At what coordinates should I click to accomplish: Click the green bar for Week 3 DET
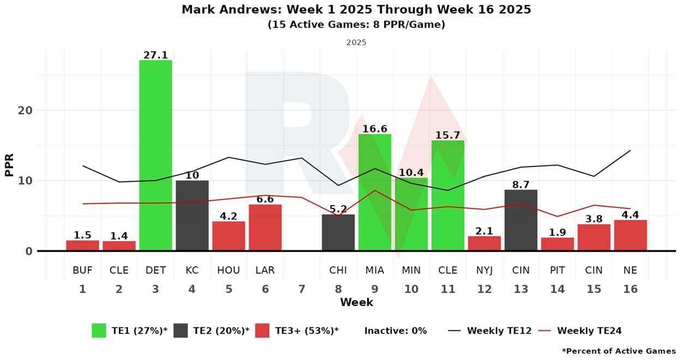tap(156, 155)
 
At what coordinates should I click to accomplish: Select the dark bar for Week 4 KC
tap(192, 215)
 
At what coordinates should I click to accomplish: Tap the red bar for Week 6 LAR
tap(265, 227)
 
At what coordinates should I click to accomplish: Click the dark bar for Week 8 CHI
tap(338, 232)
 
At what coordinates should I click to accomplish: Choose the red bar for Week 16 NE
tap(630, 235)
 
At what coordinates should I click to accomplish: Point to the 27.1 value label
tap(156, 55)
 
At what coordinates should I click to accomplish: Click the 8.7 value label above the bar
tap(521, 185)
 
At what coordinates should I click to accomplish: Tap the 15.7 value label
tap(448, 135)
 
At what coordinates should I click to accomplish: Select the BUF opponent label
tap(82, 270)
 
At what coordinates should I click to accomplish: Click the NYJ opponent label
tap(484, 270)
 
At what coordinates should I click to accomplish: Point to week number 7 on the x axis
tap(302, 289)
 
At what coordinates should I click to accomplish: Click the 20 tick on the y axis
tap(26, 110)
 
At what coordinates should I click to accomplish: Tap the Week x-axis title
tap(356, 302)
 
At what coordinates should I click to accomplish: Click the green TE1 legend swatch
tap(99, 331)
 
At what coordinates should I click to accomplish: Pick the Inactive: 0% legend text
tap(396, 331)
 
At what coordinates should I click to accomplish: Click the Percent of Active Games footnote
tap(618, 351)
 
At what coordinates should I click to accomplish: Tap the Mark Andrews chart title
tap(356, 10)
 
